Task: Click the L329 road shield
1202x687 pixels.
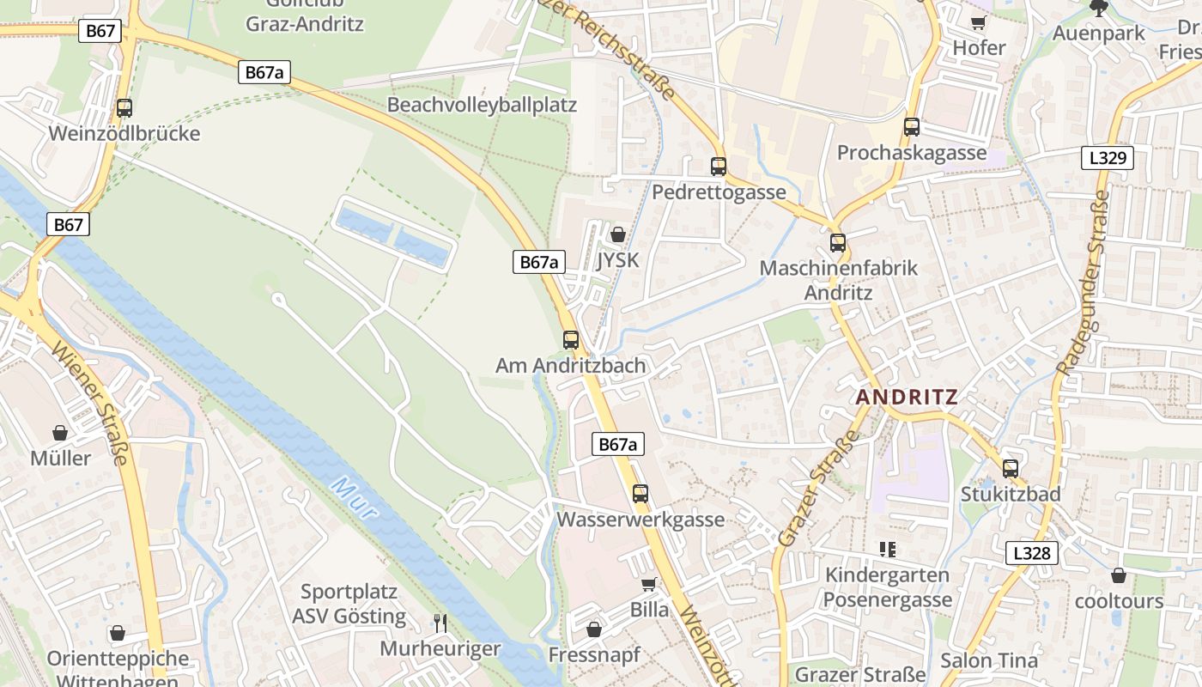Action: (x=1108, y=158)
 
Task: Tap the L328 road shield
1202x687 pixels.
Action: (x=1031, y=553)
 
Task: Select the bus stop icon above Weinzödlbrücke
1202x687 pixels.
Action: (x=124, y=108)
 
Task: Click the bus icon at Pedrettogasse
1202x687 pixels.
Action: (x=719, y=167)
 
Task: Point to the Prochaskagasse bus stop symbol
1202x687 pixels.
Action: (x=912, y=127)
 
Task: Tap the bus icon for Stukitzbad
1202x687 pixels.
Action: (x=1011, y=469)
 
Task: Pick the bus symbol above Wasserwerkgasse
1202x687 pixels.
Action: (x=640, y=494)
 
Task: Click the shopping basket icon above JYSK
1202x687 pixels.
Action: (x=618, y=234)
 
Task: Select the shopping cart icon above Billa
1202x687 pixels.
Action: (x=649, y=584)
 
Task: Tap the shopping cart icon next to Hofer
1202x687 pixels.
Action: (x=978, y=21)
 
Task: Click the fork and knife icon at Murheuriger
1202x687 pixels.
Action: (x=440, y=623)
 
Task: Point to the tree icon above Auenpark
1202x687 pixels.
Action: (x=1098, y=8)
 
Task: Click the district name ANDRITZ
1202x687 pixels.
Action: (x=907, y=398)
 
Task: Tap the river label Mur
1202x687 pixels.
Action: (x=354, y=497)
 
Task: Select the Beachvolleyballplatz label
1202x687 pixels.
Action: (x=483, y=106)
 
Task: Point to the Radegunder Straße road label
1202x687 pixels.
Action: (x=1083, y=283)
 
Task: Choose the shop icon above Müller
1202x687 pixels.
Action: (x=60, y=433)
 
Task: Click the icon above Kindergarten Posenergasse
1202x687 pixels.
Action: (x=888, y=549)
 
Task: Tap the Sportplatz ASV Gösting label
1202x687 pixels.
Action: (x=349, y=604)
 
